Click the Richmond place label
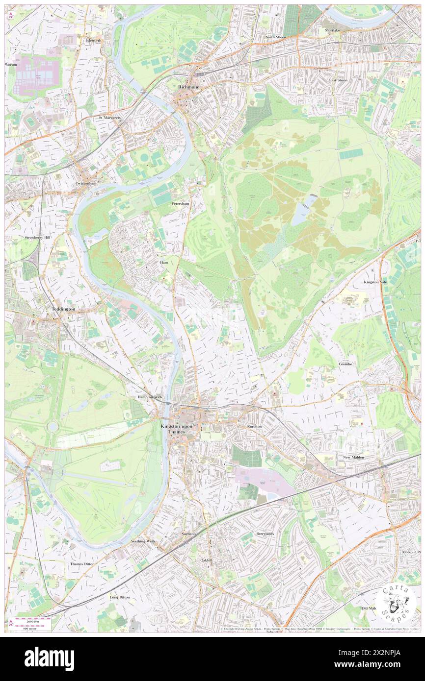pos(188,87)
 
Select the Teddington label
pos(63,309)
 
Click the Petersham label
pos(180,203)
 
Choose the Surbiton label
pos(188,533)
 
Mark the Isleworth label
pos(93,40)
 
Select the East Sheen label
pos(338,80)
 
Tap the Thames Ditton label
pos(83,564)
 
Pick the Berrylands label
pos(265,534)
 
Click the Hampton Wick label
pos(150,397)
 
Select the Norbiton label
pos(254,426)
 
